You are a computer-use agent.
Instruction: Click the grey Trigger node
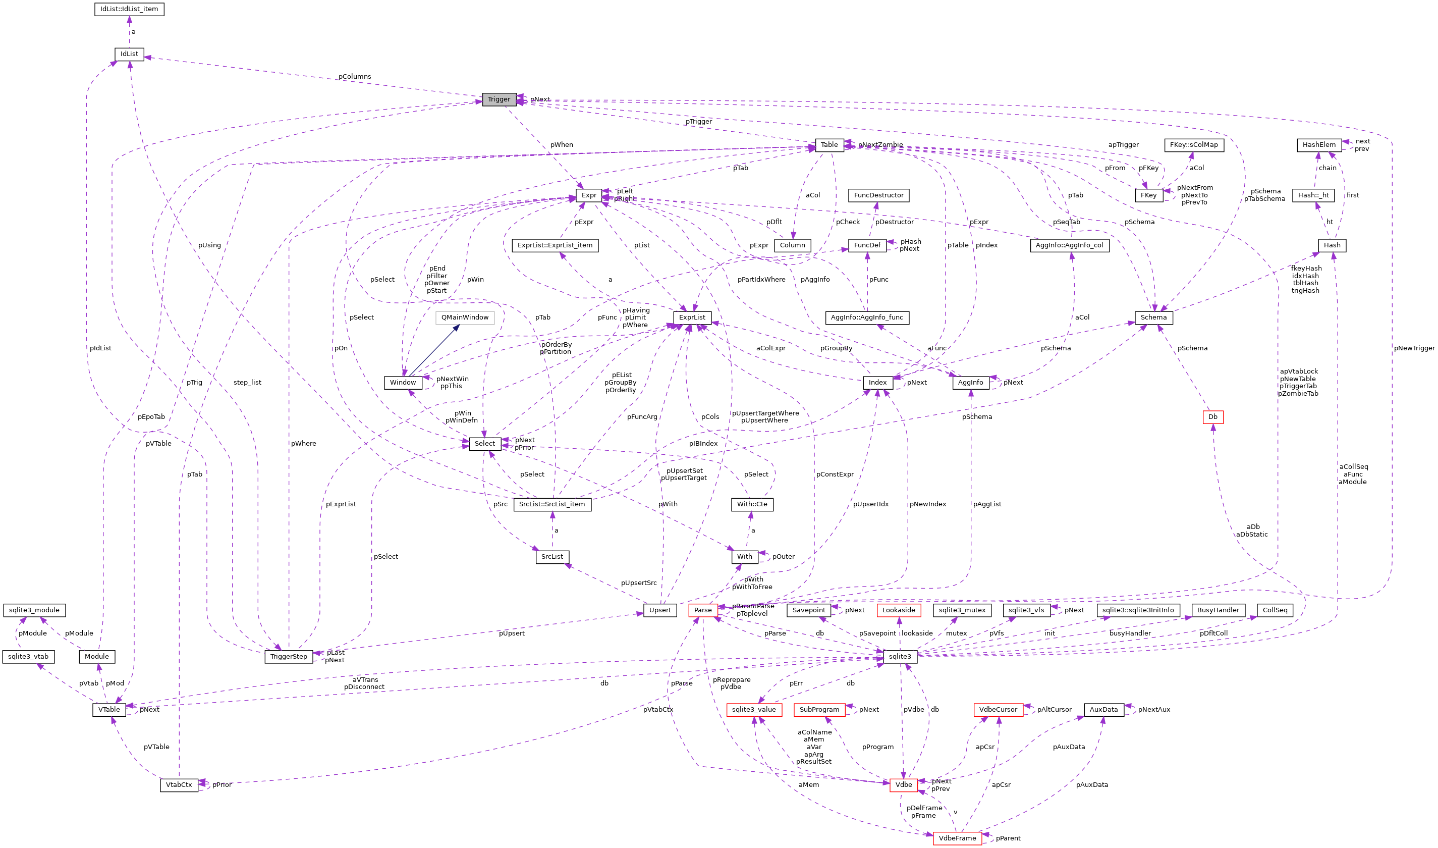pos(499,99)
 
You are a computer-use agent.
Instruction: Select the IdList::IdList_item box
pos(129,9)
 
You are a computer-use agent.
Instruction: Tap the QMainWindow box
pos(464,317)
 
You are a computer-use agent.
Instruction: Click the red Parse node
pos(702,610)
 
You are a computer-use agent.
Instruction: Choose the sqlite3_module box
pos(34,610)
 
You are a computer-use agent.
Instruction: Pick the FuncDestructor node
pos(878,195)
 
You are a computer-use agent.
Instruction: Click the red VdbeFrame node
pos(957,838)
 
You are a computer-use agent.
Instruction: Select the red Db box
pos(1212,417)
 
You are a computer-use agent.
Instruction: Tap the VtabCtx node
pos(179,785)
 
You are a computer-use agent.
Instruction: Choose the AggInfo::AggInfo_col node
pos(1069,246)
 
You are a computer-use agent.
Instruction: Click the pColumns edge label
pos(354,77)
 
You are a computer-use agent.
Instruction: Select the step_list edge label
pos(247,383)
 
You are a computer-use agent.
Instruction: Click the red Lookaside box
pos(898,610)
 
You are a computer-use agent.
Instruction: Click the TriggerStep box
pos(289,657)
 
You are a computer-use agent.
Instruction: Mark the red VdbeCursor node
pos(998,710)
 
